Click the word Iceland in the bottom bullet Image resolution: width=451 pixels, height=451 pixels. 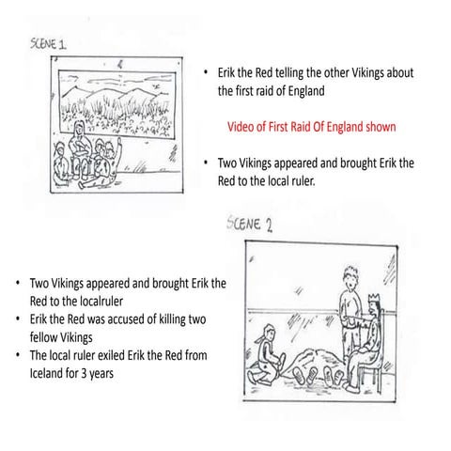39,372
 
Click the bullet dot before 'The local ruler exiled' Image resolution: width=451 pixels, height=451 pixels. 18,355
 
